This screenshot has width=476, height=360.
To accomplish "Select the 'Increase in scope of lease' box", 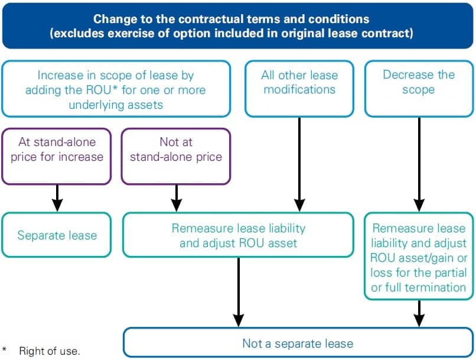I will [116, 90].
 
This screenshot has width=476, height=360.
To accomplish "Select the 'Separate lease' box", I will [57, 235].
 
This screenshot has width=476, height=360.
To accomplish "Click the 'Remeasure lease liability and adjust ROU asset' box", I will [239, 235].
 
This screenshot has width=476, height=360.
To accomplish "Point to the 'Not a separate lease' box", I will [298, 343].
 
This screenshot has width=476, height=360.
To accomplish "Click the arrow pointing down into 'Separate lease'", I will [57, 198].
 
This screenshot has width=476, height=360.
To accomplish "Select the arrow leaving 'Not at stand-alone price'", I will [176, 198].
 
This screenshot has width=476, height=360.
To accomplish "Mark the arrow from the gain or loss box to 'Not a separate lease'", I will [419, 314].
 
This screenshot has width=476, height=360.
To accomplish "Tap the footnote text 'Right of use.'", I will [49, 351].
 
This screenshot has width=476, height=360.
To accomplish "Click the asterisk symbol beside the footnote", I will [5, 349].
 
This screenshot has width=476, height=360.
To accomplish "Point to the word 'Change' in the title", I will [113, 18].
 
